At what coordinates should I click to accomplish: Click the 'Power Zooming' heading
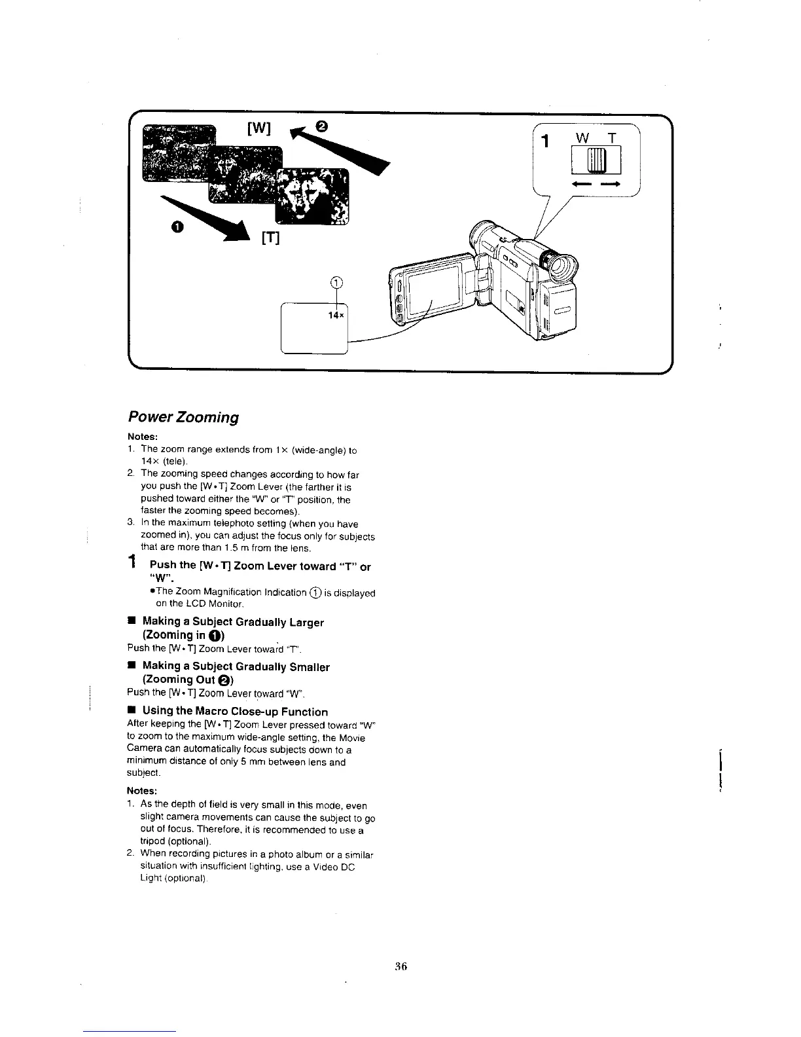coord(183,417)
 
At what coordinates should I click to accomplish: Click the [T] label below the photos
coord(270,240)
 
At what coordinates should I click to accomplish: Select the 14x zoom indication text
coord(336,315)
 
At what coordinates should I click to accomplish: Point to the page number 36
coord(401,966)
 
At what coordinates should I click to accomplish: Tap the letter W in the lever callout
coord(580,139)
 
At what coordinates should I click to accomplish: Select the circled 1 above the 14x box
coord(336,283)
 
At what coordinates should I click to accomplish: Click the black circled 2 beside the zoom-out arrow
coord(323,124)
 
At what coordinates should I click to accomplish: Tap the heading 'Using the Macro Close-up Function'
coord(235,711)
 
